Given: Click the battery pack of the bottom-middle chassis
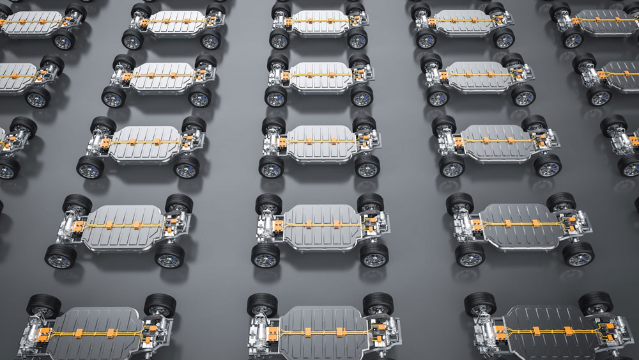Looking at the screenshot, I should [319, 329].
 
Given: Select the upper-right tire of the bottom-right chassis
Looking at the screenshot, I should [595, 302].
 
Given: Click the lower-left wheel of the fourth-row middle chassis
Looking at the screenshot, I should [265, 255].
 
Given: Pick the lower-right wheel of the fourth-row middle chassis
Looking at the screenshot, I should [374, 254].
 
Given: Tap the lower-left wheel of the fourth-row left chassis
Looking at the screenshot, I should [61, 256].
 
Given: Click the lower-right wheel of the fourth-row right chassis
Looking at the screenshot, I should [578, 254].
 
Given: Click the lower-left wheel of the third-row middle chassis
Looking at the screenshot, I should [271, 167].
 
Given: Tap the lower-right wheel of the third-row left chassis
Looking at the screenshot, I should [186, 167].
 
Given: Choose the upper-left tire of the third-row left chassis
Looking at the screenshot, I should [103, 125].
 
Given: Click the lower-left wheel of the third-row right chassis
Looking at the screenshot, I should [452, 166].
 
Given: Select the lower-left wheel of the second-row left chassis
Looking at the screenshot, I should [114, 97].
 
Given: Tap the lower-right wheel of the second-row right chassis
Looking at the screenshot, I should [523, 95].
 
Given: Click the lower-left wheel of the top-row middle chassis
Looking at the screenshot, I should [279, 40].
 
